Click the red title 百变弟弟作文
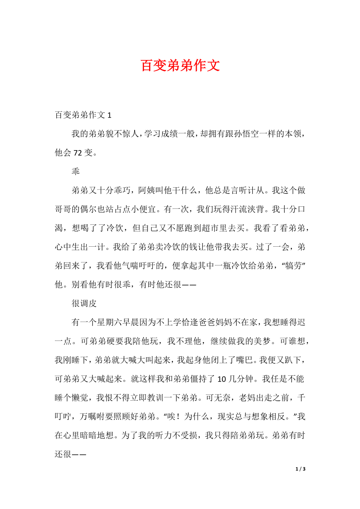coord(180,66)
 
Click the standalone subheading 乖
coord(76,172)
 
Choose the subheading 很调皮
coord(84,303)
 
